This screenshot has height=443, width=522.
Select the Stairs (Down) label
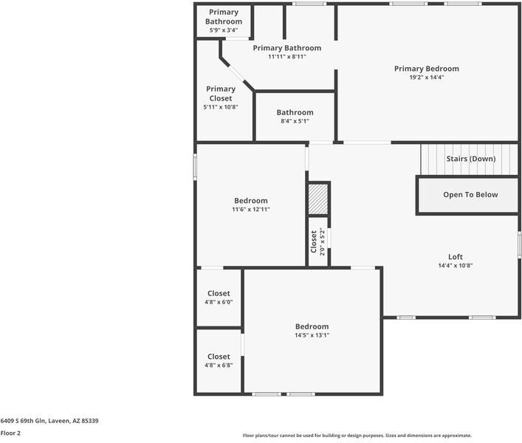point(470,159)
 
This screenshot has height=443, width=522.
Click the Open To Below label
point(470,195)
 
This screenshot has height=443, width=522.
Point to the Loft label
point(456,257)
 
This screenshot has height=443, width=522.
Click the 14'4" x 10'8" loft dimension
point(456,266)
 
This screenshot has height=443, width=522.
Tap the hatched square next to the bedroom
point(318,199)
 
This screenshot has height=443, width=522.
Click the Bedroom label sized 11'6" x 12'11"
point(251,201)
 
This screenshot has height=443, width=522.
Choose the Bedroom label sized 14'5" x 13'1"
point(312,326)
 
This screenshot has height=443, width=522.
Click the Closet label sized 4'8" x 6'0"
point(219,293)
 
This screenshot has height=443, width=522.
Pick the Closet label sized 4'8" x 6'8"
point(219,357)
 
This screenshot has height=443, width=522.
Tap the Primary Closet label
point(221,94)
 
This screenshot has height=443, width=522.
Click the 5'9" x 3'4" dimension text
point(224,30)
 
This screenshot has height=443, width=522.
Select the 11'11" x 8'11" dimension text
point(286,56)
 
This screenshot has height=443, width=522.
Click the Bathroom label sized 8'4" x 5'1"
point(295,112)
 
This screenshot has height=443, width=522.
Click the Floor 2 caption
point(10,433)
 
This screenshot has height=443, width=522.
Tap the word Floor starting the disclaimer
point(250,436)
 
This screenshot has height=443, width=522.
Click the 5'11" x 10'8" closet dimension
point(221,107)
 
